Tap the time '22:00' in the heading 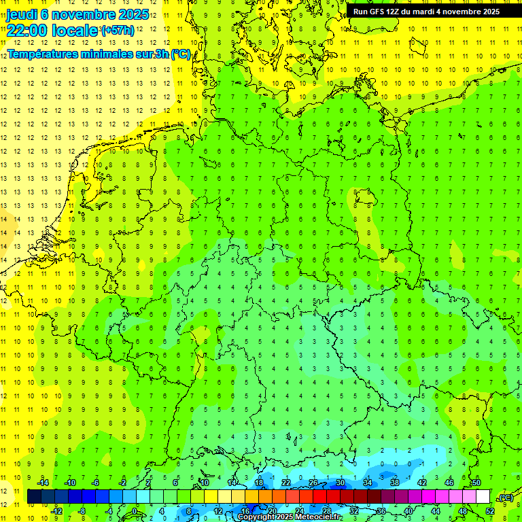point(27,30)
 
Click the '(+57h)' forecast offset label point(117,31)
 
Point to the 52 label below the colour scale point(489,511)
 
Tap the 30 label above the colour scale point(340,483)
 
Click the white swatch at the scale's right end point(483,497)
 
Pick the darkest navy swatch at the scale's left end point(34,497)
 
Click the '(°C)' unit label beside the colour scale point(505,498)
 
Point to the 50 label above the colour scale point(476,483)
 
